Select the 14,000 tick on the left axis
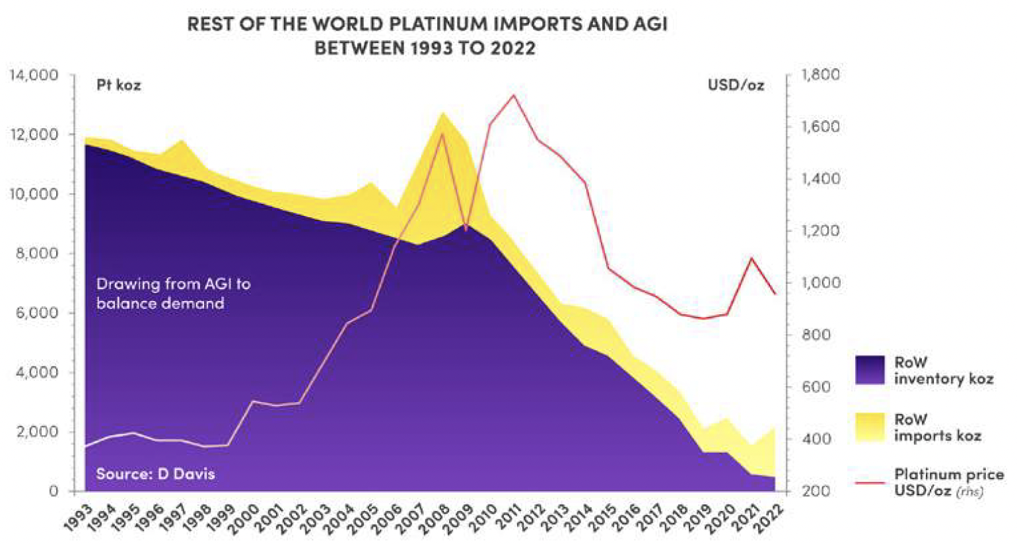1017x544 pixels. tap(34, 75)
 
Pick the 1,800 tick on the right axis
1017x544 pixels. tap(820, 75)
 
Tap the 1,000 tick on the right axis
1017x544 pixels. tap(820, 283)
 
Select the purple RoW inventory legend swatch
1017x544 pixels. tap(869, 370)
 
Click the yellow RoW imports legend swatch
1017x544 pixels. tap(869, 427)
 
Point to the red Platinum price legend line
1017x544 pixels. tap(869, 483)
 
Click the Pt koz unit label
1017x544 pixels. tap(119, 85)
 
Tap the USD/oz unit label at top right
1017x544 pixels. tap(736, 85)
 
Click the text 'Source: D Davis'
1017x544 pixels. tap(155, 473)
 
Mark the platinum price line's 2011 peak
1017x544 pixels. tap(513, 95)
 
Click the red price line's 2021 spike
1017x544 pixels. tap(751, 258)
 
